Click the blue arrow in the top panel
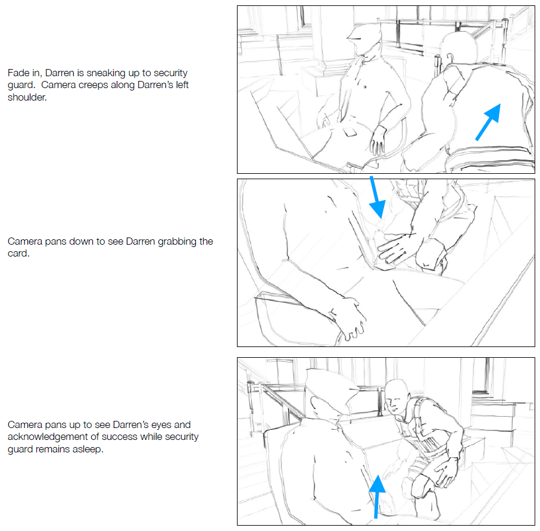[x=488, y=122]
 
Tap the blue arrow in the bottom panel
[x=377, y=497]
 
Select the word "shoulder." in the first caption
[x=27, y=98]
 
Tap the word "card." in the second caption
[x=18, y=254]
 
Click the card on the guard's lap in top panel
[x=350, y=132]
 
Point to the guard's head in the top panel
[x=364, y=39]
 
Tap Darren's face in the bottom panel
[x=395, y=401]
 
